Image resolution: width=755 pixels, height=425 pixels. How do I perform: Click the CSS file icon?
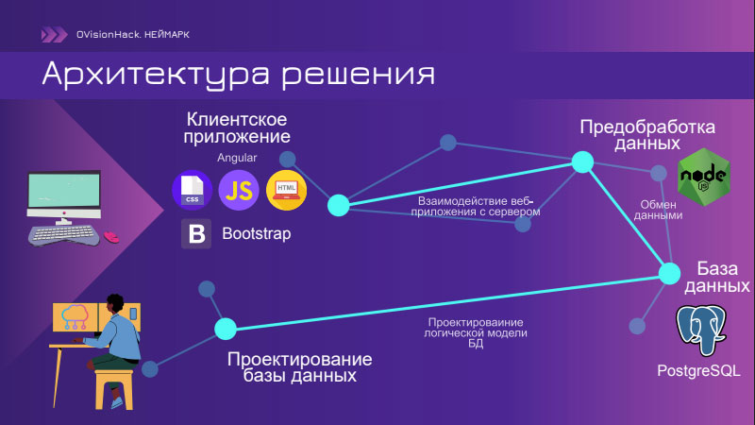193,190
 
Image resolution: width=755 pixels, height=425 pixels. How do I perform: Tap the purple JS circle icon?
239,190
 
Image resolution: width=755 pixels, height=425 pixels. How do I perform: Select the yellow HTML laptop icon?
287,190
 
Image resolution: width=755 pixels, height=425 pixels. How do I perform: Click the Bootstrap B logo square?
196,233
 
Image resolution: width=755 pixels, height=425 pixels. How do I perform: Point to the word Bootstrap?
256,233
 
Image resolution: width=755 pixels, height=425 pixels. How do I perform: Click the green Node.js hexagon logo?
704,177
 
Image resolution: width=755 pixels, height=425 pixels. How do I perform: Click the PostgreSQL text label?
698,370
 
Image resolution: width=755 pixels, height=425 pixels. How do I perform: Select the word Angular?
237,158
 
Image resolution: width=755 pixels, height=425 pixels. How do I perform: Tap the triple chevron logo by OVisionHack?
54,35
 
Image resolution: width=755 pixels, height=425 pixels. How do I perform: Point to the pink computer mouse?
111,237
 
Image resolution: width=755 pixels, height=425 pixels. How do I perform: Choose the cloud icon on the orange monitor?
75,316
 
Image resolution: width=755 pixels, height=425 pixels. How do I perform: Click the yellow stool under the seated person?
114,389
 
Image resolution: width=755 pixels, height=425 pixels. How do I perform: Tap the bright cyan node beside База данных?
669,274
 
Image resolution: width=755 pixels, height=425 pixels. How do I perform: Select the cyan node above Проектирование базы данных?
226,329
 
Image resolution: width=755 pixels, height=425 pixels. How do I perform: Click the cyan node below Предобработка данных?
582,161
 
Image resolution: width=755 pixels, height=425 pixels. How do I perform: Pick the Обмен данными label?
658,210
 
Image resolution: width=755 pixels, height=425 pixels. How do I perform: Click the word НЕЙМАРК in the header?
167,35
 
